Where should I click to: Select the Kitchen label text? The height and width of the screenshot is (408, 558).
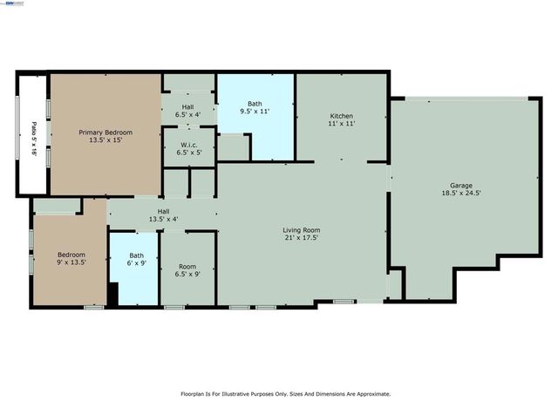click(x=341, y=116)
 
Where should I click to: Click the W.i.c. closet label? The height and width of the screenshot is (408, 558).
click(x=188, y=144)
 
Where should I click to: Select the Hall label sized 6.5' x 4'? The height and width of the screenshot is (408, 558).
click(x=188, y=106)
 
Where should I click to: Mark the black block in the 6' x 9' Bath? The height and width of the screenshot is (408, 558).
click(x=112, y=294)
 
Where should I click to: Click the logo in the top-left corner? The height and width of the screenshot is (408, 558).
click(x=14, y=4)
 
